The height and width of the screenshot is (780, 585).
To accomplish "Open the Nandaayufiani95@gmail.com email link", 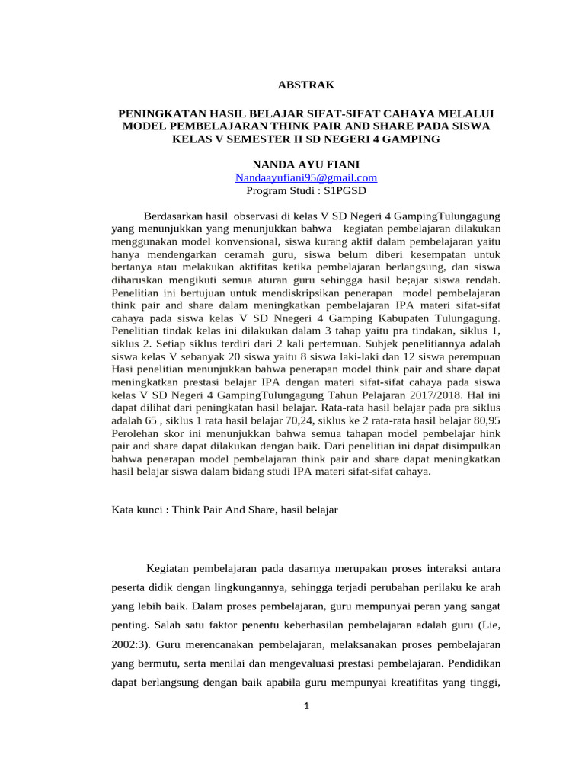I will pyautogui.click(x=305, y=177).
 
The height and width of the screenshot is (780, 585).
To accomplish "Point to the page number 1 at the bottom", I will pyautogui.click(x=305, y=706).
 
